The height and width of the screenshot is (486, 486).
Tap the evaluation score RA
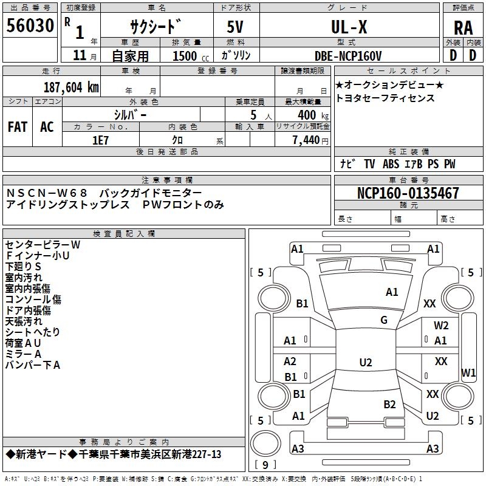tap(463, 28)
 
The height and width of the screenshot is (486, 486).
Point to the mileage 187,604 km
tap(70, 87)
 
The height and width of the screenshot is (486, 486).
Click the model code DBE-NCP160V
tap(348, 55)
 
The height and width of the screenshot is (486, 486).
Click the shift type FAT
tap(18, 126)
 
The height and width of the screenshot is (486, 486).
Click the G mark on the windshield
tap(384, 320)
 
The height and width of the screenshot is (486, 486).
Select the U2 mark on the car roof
tap(365, 363)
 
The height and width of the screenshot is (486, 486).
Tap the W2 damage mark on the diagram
tap(441, 326)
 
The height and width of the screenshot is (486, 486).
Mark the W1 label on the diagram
tap(468, 372)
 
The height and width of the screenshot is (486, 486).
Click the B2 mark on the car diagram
tap(389, 405)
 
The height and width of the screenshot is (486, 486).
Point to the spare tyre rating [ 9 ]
tap(265, 465)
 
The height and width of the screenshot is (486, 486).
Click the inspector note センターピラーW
tap(43, 244)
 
